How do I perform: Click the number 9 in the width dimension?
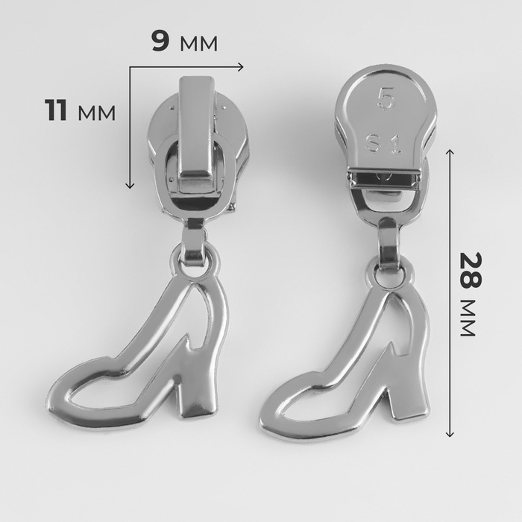click(x=160, y=40)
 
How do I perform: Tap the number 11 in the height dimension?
click(x=56, y=110)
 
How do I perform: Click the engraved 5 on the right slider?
click(x=386, y=98)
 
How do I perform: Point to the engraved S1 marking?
click(x=384, y=143)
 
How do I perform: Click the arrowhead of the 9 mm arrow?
click(x=240, y=67)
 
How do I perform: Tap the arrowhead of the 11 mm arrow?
click(x=130, y=185)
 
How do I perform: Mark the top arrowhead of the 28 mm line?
click(x=450, y=152)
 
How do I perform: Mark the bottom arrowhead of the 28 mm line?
click(x=450, y=433)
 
